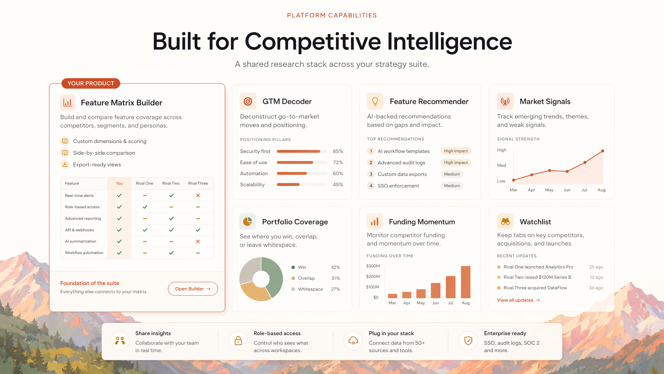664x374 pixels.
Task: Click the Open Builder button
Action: (x=193, y=289)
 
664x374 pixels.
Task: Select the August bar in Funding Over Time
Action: (x=466, y=282)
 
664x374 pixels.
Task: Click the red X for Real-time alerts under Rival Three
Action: (x=198, y=195)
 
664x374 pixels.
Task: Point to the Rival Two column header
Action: (x=171, y=183)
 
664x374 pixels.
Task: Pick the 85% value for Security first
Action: (x=338, y=151)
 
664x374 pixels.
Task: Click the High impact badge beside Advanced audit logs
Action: (x=456, y=163)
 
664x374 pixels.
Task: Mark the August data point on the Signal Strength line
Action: (x=603, y=151)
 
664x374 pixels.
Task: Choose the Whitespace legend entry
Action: (x=307, y=289)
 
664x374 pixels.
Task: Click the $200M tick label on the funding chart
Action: (x=373, y=276)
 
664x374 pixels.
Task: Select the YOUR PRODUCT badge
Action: (x=91, y=83)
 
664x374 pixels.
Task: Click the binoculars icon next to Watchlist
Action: (x=505, y=222)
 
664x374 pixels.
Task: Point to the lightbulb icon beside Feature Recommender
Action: (x=375, y=101)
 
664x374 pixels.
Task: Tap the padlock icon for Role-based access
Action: (x=238, y=340)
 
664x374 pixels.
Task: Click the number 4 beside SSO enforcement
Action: (x=371, y=186)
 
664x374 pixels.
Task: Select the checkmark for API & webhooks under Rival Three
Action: (x=198, y=230)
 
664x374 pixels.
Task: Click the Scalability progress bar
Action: (x=302, y=185)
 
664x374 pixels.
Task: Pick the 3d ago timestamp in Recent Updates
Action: (x=596, y=288)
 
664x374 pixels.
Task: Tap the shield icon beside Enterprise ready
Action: (x=468, y=340)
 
